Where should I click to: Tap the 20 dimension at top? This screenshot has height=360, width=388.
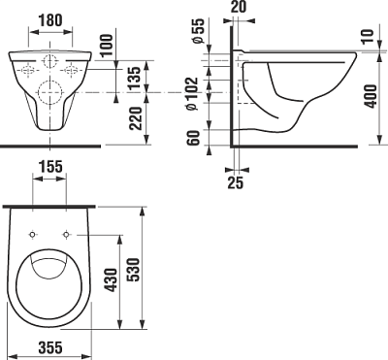(x=239, y=9)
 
